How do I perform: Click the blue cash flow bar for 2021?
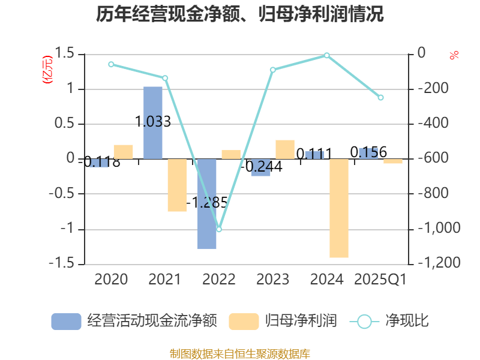153,122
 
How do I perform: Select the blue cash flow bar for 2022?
207,204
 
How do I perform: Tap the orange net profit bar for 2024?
339,208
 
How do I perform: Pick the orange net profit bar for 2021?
177,185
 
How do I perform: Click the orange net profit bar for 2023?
285,149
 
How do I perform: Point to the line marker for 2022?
219,229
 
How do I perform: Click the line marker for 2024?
327,55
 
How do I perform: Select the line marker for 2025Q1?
380,97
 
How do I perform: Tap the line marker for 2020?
111,64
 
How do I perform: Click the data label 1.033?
153,122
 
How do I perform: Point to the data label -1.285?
207,202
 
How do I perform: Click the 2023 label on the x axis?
273,280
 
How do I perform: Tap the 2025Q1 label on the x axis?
380,280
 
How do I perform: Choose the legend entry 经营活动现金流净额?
134,321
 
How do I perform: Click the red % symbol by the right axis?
454,56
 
